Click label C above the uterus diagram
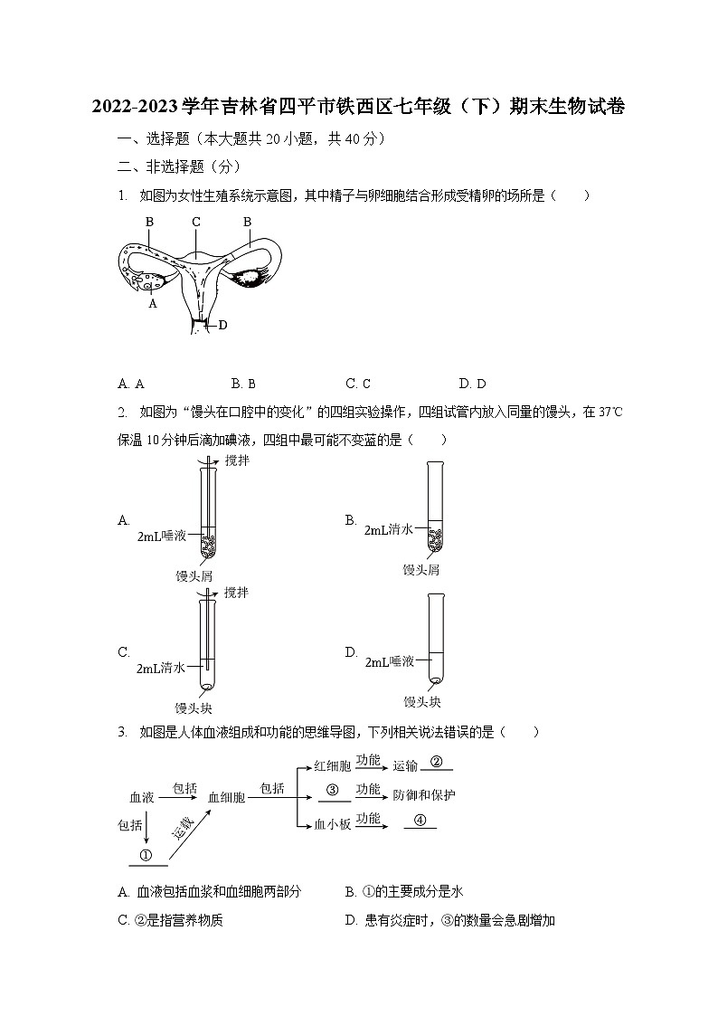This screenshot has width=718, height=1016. (195, 222)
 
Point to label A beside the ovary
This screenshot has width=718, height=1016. (153, 304)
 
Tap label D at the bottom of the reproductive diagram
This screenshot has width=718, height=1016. (222, 325)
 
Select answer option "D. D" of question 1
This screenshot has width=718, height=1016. (473, 384)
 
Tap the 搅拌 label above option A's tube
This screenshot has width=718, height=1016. (236, 461)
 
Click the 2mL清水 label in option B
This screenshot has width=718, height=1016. (388, 529)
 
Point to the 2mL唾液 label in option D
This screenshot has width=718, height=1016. (389, 662)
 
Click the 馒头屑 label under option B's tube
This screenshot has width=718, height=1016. (420, 569)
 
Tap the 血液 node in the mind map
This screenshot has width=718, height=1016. (142, 797)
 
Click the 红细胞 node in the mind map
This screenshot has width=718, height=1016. (332, 765)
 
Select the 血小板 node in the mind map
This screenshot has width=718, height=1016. (332, 824)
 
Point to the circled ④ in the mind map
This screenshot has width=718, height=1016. (419, 820)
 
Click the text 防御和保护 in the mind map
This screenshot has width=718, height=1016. (423, 795)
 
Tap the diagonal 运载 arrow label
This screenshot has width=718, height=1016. (184, 828)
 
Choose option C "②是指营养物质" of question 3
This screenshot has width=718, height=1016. (171, 920)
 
